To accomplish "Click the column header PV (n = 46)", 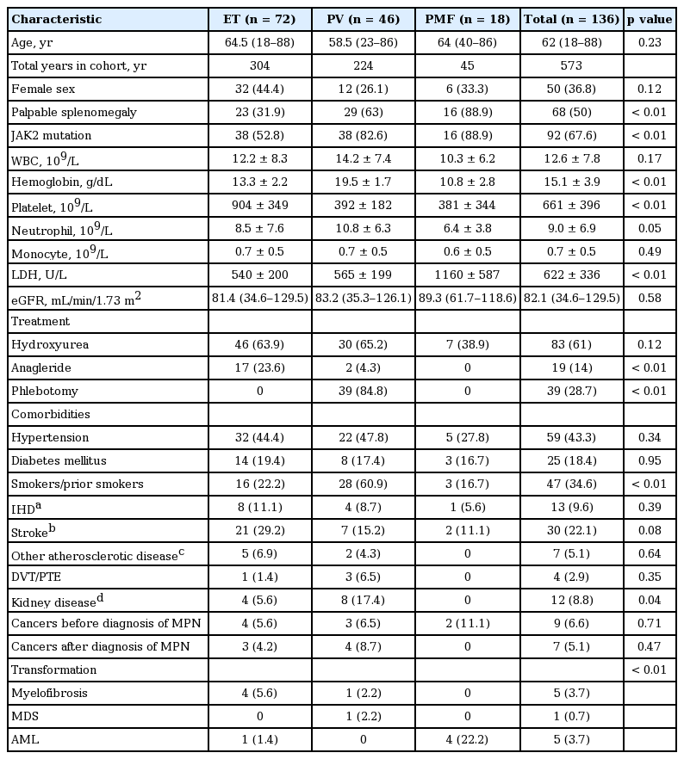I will point(363,19).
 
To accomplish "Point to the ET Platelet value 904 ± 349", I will point(259,205).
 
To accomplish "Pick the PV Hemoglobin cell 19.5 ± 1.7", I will point(363,182).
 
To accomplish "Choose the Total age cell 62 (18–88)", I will point(572,42).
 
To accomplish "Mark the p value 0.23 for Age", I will point(650,42).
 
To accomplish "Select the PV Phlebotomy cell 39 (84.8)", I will point(363,391).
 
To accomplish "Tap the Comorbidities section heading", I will point(50,414).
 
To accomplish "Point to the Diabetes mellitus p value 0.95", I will point(650,460).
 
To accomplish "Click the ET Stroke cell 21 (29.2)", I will point(259,530).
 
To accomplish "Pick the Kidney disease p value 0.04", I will point(650,600).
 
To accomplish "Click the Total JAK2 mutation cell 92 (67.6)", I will point(572,135).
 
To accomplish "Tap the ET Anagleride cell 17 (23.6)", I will point(259,367).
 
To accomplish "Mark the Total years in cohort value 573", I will point(572,65).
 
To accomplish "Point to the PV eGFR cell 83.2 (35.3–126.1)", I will point(363,298).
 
